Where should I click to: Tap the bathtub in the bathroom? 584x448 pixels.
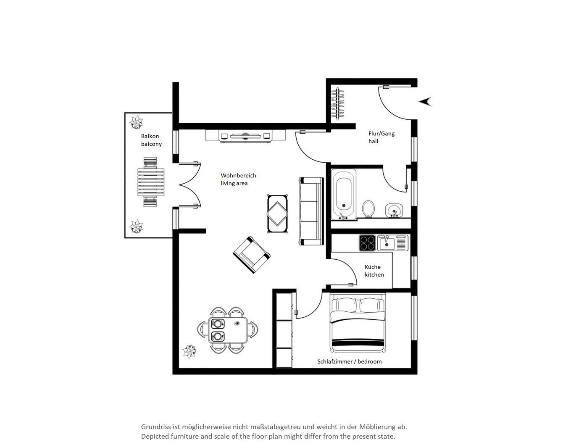click(x=343, y=194)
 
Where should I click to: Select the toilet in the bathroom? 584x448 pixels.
click(x=368, y=208)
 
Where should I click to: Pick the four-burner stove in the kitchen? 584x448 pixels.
click(x=367, y=243)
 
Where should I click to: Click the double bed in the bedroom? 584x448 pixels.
click(x=358, y=322)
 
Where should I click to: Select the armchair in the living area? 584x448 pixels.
click(x=252, y=255)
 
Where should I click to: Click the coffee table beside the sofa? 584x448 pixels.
click(x=277, y=214)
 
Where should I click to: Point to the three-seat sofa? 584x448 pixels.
click(x=311, y=211)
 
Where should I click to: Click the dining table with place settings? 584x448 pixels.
click(x=228, y=330)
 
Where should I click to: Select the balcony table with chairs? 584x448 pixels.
click(x=151, y=182)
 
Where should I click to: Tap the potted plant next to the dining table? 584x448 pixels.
click(x=189, y=351)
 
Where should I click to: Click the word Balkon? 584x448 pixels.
click(x=150, y=136)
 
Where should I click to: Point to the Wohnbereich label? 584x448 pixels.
click(x=238, y=176)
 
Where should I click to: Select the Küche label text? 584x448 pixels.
click(x=373, y=267)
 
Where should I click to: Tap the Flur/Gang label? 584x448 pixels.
click(x=381, y=134)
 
